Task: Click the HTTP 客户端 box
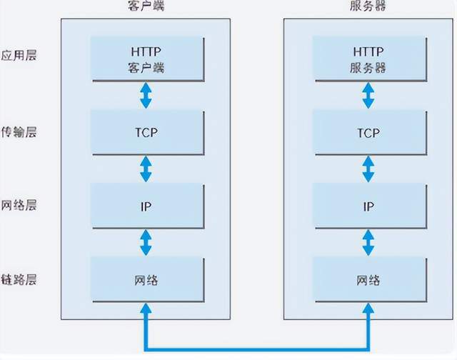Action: click(146, 59)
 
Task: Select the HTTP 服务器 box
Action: click(368, 59)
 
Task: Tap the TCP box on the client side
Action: click(146, 133)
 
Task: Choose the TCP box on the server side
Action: click(368, 133)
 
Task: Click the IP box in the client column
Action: click(146, 206)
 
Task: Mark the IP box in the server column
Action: click(368, 206)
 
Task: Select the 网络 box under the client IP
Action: click(146, 279)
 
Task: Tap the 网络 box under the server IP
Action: click(368, 279)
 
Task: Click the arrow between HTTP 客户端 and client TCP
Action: click(146, 95)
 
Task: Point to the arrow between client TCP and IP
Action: click(146, 169)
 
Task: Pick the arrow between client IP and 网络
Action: click(146, 243)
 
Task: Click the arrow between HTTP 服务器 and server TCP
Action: click(368, 95)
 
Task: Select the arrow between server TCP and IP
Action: click(368, 169)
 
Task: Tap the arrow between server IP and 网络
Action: click(368, 243)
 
